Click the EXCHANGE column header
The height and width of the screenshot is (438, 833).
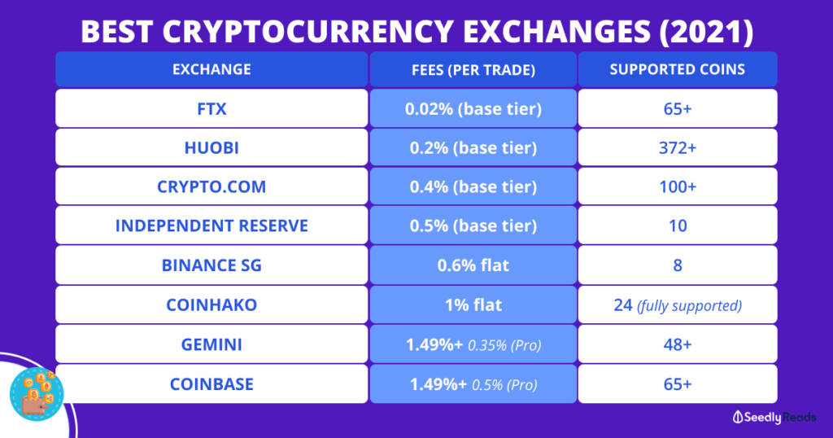(212, 69)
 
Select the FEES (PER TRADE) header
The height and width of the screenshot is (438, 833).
(473, 69)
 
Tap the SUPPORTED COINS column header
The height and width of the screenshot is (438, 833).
(678, 69)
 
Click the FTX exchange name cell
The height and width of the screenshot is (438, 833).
(212, 108)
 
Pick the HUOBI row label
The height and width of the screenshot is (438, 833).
(212, 147)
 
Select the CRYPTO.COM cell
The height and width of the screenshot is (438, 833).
(212, 186)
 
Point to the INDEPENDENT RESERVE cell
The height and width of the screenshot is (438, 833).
(212, 226)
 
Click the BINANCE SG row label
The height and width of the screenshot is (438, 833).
(212, 265)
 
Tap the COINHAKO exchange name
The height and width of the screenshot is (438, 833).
(212, 304)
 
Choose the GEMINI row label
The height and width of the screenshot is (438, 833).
(212, 344)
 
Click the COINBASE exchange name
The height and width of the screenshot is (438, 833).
(212, 383)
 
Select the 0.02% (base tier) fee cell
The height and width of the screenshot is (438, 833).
(473, 108)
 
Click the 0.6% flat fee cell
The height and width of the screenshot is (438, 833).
(473, 265)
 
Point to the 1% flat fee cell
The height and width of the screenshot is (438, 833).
(473, 304)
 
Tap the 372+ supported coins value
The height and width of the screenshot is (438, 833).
(678, 147)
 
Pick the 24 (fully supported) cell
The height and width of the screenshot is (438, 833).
(678, 304)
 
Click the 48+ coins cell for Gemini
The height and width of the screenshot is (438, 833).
(678, 344)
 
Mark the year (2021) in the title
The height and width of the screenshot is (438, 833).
(706, 32)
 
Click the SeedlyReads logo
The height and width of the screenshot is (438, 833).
(774, 418)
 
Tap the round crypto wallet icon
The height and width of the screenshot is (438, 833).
(37, 394)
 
